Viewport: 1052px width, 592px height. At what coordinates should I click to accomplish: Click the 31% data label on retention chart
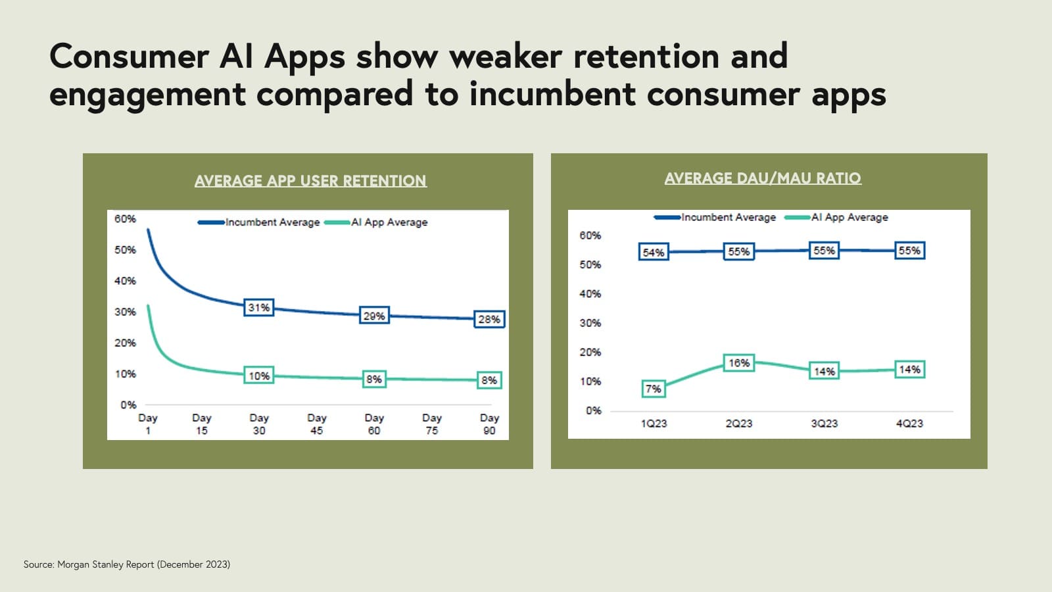click(x=258, y=307)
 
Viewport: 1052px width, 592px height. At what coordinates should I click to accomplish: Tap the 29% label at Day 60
click(x=374, y=316)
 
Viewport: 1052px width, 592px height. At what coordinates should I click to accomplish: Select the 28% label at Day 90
click(x=489, y=319)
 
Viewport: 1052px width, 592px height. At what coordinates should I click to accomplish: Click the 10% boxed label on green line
click(x=258, y=376)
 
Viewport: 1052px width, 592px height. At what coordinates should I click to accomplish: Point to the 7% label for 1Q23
click(x=653, y=389)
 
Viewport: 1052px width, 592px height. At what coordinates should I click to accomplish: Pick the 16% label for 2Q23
click(x=738, y=363)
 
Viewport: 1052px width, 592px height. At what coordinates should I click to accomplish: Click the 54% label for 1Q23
click(x=654, y=253)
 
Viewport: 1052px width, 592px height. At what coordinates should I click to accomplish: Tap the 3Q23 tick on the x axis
click(x=824, y=424)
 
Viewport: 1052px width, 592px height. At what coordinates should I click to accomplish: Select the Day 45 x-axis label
click(x=316, y=424)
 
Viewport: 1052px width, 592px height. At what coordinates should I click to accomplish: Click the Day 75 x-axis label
click(x=431, y=424)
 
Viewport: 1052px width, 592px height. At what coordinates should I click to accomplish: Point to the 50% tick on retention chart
click(x=125, y=250)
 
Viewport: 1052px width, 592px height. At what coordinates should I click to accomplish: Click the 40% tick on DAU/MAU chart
click(x=590, y=294)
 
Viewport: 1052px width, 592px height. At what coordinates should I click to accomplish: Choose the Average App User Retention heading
click(x=310, y=181)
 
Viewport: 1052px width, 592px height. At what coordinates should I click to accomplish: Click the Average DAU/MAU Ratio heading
click(x=763, y=178)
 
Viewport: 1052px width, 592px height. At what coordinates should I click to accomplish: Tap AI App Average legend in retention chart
click(x=389, y=222)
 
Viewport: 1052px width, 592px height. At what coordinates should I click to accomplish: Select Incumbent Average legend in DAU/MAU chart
click(x=728, y=217)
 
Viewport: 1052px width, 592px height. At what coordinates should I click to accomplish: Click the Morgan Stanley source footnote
click(x=127, y=564)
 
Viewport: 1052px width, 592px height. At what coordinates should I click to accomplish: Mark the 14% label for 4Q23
click(x=909, y=370)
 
